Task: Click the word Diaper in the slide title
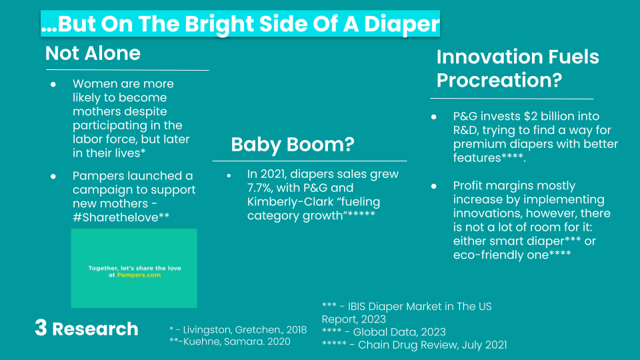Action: pos(401,25)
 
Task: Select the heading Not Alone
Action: pos(93,53)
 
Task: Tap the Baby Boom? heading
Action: pos(292,145)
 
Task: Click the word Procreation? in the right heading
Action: pos(499,81)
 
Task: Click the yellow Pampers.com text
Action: pos(139,275)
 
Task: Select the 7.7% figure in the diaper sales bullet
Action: pos(261,188)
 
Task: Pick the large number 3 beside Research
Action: pos(41,327)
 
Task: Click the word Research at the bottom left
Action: pos(95,329)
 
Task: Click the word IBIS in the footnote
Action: pos(357,307)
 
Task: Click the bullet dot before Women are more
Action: pos(53,85)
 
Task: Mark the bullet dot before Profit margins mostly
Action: pos(433,186)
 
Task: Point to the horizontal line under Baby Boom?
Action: pos(309,161)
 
